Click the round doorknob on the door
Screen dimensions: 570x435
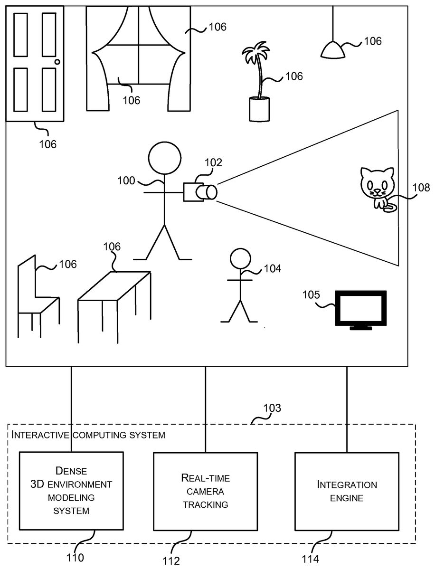coord(57,62)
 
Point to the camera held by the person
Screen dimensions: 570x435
coord(199,191)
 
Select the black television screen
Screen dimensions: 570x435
coord(361,308)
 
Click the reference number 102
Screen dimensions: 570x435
coord(213,162)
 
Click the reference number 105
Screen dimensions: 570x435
coord(312,295)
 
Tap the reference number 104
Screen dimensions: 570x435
coord(272,269)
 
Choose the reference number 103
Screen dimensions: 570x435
coord(272,408)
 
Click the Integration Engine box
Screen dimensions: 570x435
coord(347,491)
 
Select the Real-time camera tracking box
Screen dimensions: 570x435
coord(205,491)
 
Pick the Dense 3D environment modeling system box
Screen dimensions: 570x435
coord(71,491)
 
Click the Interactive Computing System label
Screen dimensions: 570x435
coord(89,435)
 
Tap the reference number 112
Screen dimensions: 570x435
coord(171,560)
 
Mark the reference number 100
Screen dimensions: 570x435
coord(127,180)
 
